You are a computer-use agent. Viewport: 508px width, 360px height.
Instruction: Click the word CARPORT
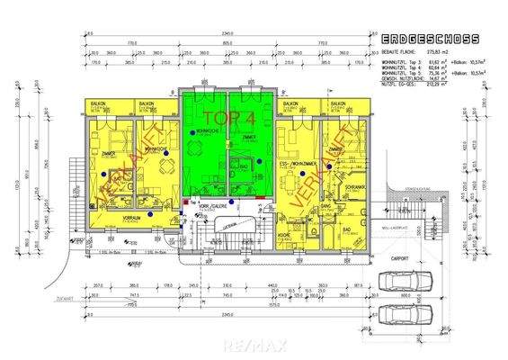pos(398,258)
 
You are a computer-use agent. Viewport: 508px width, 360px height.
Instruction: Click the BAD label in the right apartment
pos(346,230)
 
